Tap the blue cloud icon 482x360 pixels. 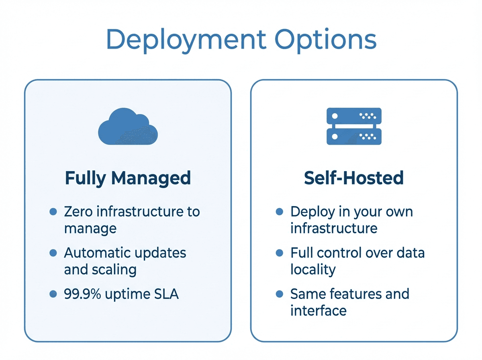[128, 127]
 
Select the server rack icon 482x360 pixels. [353, 126]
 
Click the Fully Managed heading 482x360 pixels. [128, 178]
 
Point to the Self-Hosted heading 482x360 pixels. [353, 178]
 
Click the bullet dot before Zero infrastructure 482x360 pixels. [53, 211]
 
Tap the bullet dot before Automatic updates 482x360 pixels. [53, 253]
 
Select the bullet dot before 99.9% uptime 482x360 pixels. [53, 294]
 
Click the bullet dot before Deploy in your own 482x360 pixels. [280, 211]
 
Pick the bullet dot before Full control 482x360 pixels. [280, 253]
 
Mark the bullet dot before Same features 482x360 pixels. [280, 294]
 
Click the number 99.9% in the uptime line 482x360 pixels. [82, 294]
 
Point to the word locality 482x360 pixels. [312, 270]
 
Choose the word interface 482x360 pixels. [318, 311]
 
